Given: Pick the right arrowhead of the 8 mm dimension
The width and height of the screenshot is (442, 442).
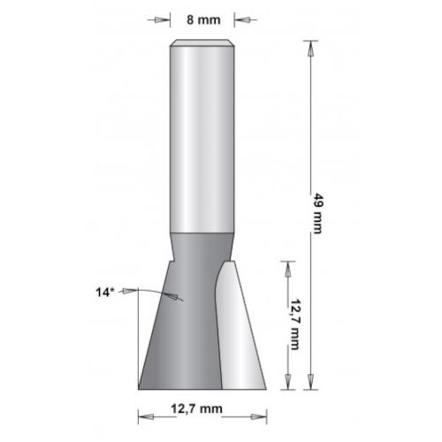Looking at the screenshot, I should [x=243, y=19].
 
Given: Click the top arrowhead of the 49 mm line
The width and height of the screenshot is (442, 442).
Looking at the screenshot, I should [x=309, y=46].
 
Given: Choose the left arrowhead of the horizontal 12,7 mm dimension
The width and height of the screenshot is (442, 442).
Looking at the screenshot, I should [x=143, y=412].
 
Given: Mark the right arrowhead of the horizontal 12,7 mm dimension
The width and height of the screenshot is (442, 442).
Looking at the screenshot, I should [x=262, y=412].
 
